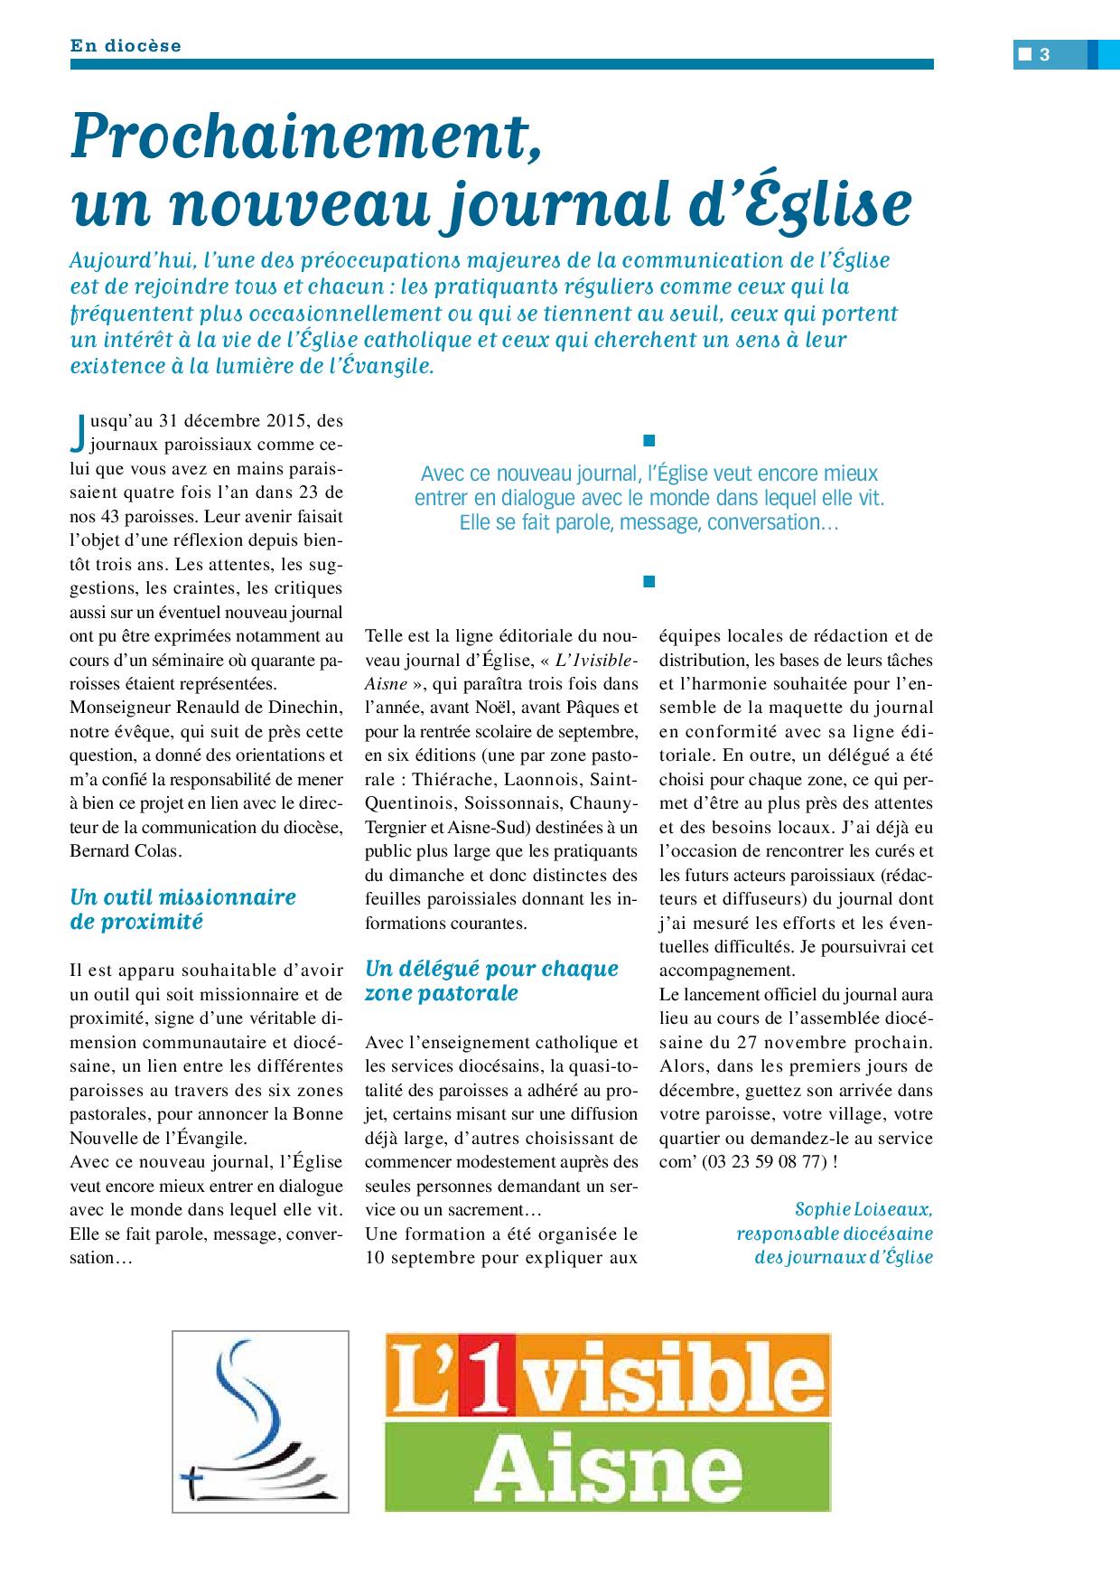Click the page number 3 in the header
click(1044, 54)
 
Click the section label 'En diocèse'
click(126, 45)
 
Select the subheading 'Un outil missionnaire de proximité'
click(182, 909)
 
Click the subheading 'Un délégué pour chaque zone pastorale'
click(491, 980)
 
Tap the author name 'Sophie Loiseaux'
click(863, 1209)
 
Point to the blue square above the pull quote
click(647, 440)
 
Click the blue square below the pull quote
click(647, 581)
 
